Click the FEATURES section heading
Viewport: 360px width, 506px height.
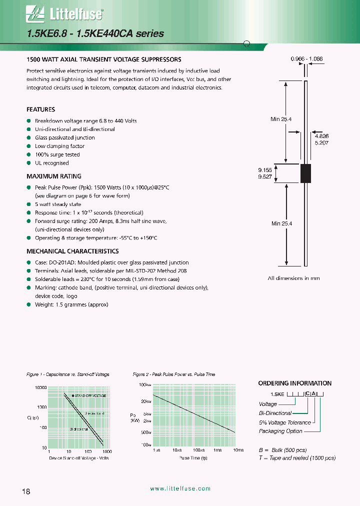[40, 109]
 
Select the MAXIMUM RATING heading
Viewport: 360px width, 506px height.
[53, 176]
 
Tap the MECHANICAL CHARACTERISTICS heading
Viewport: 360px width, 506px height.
[72, 251]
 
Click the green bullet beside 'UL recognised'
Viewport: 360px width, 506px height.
[28, 163]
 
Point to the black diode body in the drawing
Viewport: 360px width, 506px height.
[305, 172]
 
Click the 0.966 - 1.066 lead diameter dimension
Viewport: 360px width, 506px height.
[306, 59]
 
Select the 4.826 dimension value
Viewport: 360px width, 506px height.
[321, 135]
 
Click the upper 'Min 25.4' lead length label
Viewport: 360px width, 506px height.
[281, 118]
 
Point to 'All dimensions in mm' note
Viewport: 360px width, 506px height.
[293, 278]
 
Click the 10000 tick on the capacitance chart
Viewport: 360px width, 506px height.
[40, 388]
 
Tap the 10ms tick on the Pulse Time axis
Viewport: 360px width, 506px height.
[237, 450]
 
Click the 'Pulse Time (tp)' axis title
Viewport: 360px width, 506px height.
[194, 458]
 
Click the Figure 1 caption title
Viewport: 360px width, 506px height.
[67, 374]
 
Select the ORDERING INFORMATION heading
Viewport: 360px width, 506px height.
[294, 383]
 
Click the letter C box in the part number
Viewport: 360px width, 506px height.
[307, 394]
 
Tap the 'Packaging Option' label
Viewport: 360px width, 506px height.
[280, 431]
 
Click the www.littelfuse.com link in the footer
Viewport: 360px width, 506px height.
[180, 489]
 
